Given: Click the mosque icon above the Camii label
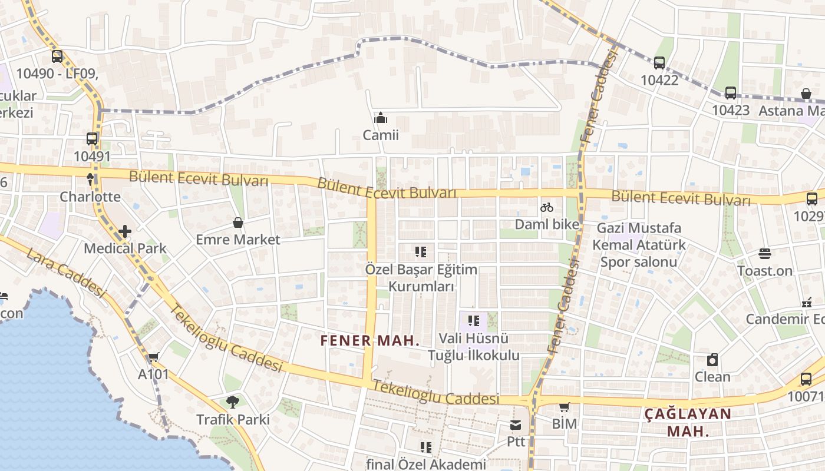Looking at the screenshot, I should point(381,118).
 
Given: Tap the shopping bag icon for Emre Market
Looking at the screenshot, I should point(238,223).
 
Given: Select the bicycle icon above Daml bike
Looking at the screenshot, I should point(547,207).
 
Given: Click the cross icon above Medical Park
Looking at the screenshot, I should point(125,231).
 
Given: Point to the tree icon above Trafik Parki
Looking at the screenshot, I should point(233,402).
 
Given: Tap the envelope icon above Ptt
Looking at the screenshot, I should point(516,425).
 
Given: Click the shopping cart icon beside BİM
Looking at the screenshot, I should point(564,406).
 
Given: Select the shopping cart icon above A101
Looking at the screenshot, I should point(154,357).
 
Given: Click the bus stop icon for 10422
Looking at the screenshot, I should point(659,62).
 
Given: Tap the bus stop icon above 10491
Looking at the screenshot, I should point(92,139).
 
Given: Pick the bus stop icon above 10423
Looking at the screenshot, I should point(731,93).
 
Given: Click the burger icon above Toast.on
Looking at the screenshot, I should point(765,254).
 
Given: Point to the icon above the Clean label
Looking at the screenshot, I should point(712,360).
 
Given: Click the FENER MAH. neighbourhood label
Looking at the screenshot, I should point(370,340).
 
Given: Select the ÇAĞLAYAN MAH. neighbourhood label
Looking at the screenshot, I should point(688,422).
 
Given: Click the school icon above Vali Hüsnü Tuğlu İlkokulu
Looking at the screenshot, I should point(474,321).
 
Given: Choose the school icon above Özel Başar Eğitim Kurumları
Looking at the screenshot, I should point(421,252).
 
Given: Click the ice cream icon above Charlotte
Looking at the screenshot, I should point(90,179).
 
